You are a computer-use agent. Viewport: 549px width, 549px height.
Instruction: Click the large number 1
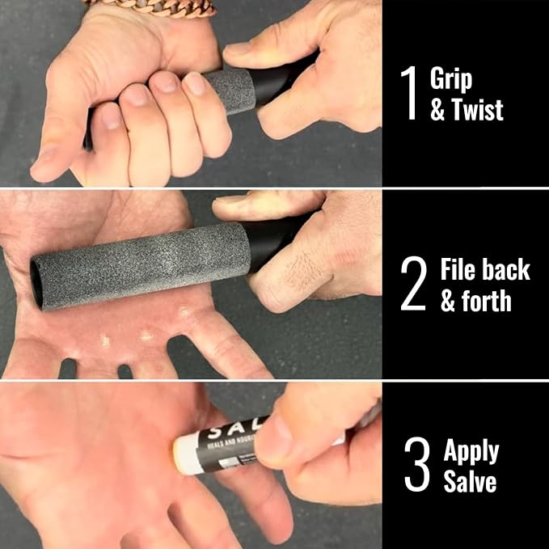[411, 95]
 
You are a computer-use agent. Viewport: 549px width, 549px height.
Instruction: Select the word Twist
[478, 110]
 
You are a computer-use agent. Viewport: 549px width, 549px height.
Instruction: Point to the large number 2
[412, 285]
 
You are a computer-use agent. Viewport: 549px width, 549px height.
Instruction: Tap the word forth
[488, 302]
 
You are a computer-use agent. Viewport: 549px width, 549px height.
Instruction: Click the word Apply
[471, 451]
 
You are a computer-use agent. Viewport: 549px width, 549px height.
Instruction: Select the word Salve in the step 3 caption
[470, 483]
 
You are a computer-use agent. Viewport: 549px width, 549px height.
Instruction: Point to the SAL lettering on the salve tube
[230, 424]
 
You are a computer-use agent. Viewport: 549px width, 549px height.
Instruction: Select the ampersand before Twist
[437, 110]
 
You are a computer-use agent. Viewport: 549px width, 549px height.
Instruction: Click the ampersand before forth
[448, 302]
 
